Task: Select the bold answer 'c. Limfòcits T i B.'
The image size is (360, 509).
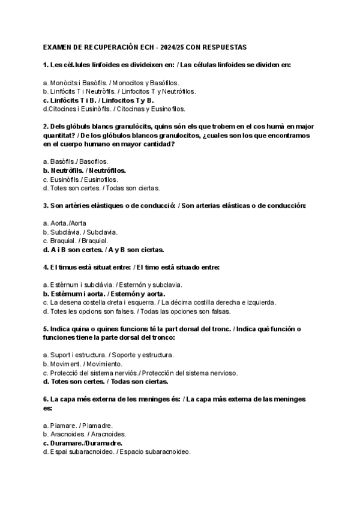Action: [x=69, y=100]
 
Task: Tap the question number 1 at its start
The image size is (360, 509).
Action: [x=46, y=64]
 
